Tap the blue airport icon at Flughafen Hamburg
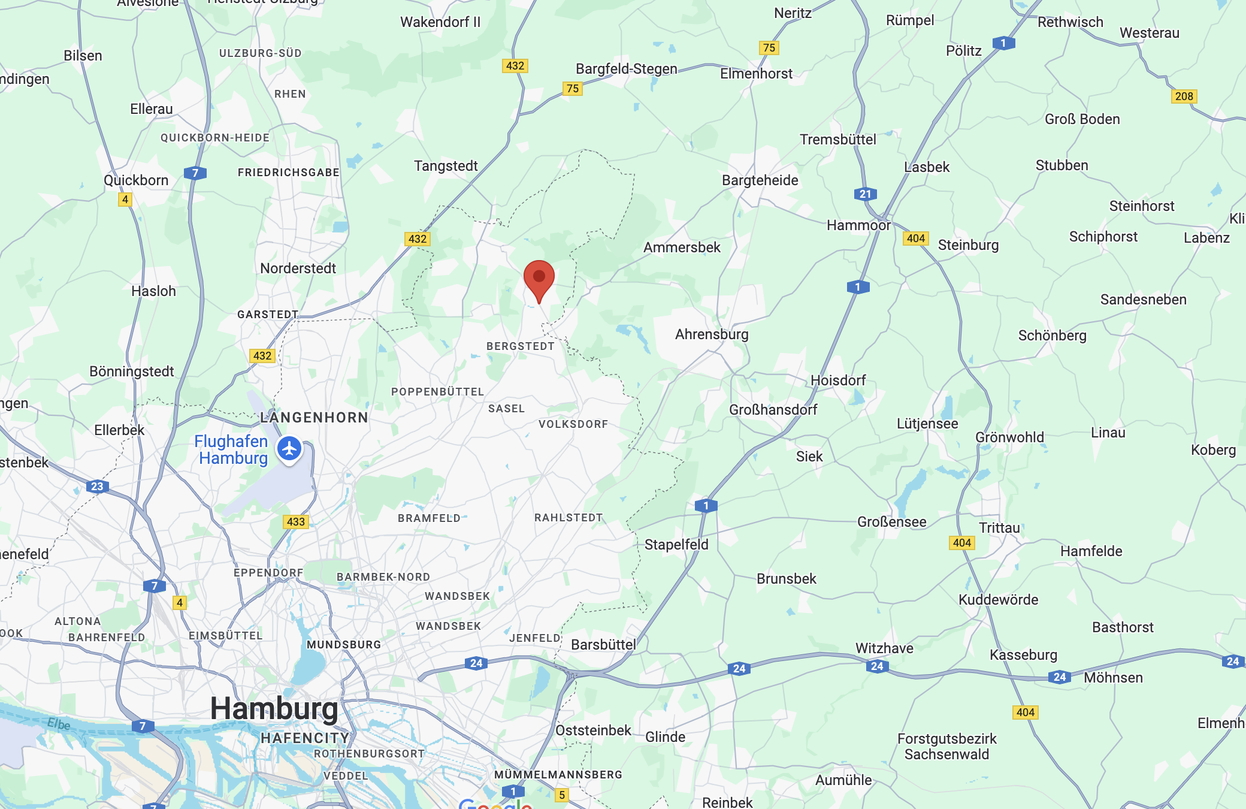coord(290,448)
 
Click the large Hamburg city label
coord(274,708)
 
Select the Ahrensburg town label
coord(712,334)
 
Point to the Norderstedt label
coord(298,268)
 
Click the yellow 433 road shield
coord(295,521)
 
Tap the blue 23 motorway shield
coord(97,486)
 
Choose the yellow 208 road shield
coord(1184,96)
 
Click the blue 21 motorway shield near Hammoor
coord(865,194)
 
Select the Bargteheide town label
coord(760,180)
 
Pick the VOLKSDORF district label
coord(573,424)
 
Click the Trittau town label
coord(999,528)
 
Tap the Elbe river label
coord(59,724)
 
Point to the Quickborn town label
coord(136,180)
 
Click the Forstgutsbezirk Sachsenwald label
coord(946,747)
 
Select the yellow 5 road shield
coord(561,795)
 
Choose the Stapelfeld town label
coord(676,545)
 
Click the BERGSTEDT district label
coord(520,346)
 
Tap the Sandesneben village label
coord(1143,300)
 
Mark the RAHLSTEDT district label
coord(568,518)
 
